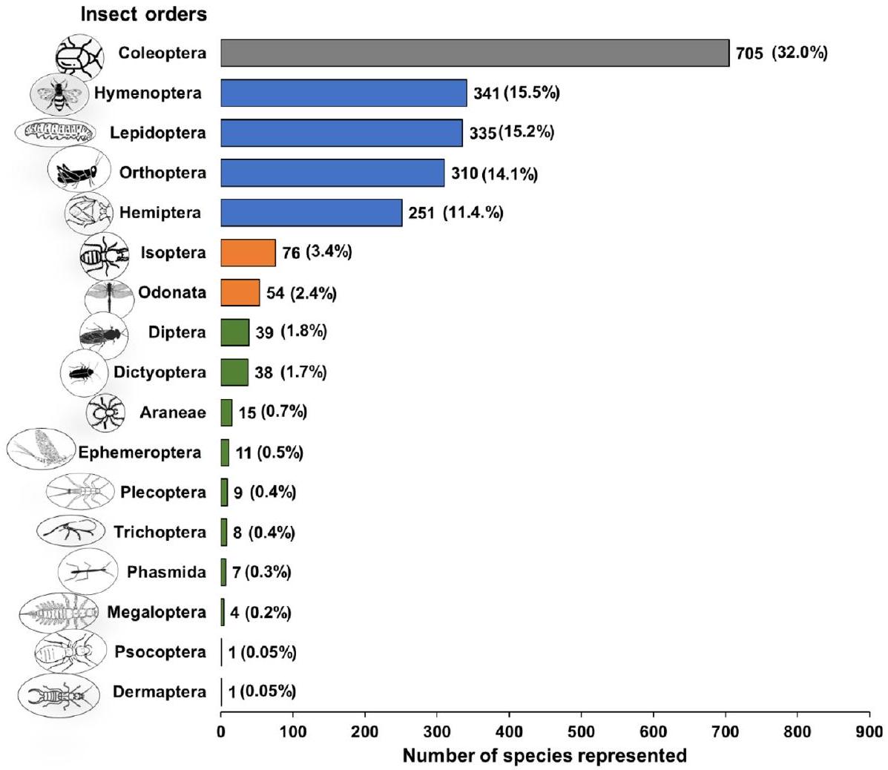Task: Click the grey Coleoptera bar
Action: (x=475, y=53)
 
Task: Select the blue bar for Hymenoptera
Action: (x=343, y=93)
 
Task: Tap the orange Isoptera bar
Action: (x=248, y=252)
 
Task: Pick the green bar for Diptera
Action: (x=234, y=332)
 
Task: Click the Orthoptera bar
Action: (x=332, y=173)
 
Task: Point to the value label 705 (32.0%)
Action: (x=781, y=53)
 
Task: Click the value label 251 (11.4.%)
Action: (x=455, y=214)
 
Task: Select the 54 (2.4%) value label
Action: (x=301, y=293)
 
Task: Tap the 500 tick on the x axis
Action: (x=581, y=731)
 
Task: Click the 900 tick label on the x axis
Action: (x=869, y=731)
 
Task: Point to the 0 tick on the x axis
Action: (x=221, y=731)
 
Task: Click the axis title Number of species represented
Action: (x=545, y=755)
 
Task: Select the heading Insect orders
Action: (x=144, y=14)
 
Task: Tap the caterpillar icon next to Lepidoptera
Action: (x=56, y=133)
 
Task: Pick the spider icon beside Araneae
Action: (x=105, y=412)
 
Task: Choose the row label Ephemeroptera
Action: (x=139, y=453)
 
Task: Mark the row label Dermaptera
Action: (x=159, y=692)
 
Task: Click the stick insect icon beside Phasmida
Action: (x=88, y=571)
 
